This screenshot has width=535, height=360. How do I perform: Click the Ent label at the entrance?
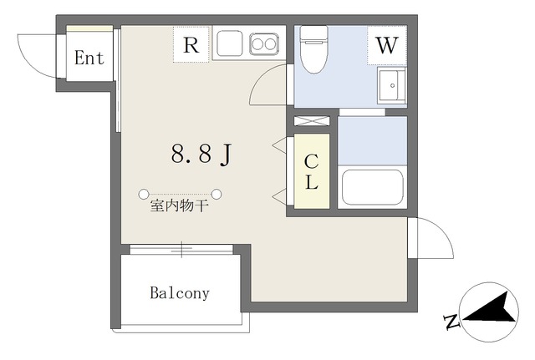click(x=89, y=58)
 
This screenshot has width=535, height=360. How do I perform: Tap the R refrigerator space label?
click(x=191, y=45)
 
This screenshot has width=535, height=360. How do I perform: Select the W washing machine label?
click(x=385, y=45)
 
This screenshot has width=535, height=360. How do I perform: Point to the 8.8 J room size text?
click(x=201, y=154)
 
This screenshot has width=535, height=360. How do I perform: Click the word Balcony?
click(x=180, y=293)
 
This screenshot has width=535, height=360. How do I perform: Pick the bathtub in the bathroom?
click(x=373, y=189)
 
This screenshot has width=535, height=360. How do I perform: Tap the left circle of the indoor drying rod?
click(x=144, y=194)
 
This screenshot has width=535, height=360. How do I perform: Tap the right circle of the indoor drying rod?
click(x=217, y=194)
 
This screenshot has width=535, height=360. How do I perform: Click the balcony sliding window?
click(x=182, y=248)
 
